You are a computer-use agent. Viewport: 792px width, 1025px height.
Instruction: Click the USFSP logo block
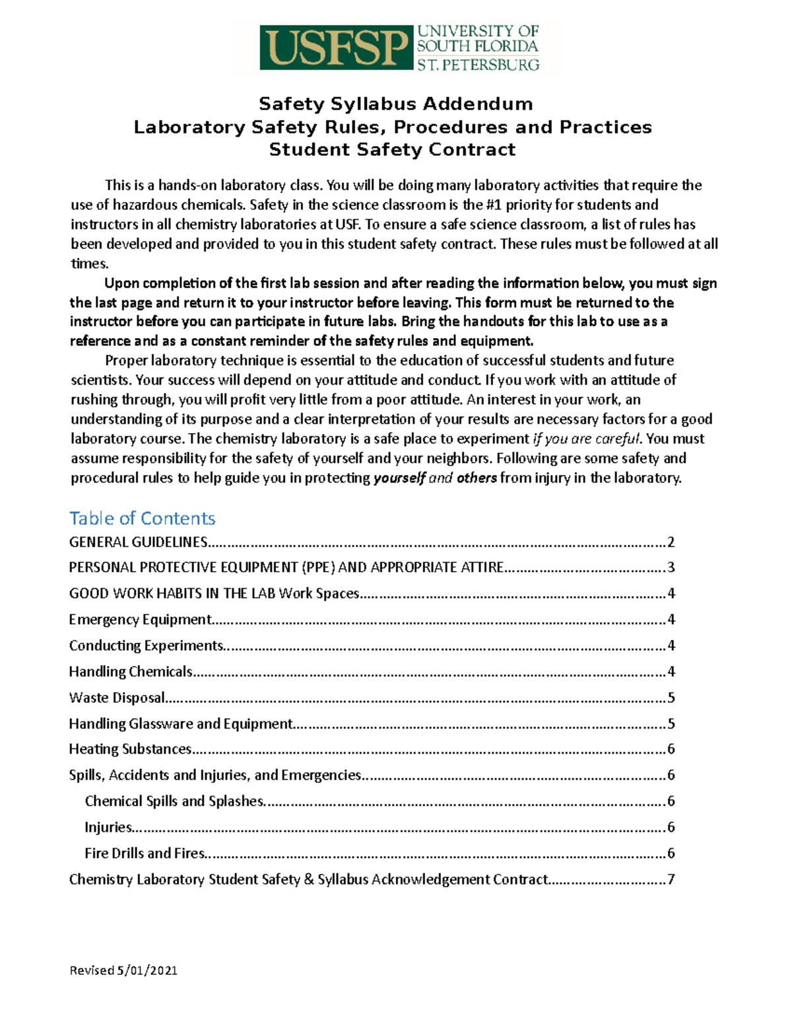[x=336, y=48]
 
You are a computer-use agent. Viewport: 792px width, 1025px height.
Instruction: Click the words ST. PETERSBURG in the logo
[x=478, y=65]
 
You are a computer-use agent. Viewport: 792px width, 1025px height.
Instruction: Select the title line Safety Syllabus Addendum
[x=395, y=104]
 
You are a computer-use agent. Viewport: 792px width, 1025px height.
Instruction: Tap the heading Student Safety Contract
[x=392, y=150]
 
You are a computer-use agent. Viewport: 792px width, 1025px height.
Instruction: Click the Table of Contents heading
[x=143, y=518]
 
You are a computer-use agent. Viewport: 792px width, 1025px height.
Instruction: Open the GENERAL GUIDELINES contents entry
[x=139, y=543]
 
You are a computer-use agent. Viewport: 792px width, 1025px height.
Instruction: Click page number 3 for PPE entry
[x=671, y=568]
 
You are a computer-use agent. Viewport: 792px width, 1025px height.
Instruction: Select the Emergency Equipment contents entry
[x=140, y=620]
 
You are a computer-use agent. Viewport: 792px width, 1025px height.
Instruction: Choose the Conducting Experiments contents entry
[x=147, y=645]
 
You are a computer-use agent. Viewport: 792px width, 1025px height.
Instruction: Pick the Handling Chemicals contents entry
[x=131, y=672]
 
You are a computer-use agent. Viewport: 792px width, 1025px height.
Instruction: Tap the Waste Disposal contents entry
[x=117, y=698]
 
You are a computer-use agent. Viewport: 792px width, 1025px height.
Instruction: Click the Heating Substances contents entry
[x=130, y=749]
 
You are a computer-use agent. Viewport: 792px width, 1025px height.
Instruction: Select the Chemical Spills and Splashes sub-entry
[x=174, y=801]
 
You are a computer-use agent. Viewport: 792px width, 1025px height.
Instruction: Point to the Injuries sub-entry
[x=108, y=827]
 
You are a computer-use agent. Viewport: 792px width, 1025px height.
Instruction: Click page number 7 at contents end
[x=671, y=879]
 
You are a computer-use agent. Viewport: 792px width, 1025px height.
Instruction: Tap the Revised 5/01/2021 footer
[x=123, y=970]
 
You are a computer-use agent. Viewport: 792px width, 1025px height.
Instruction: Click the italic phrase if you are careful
[x=586, y=439]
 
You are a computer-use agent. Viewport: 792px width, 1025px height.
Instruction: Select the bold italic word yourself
[x=399, y=478]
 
